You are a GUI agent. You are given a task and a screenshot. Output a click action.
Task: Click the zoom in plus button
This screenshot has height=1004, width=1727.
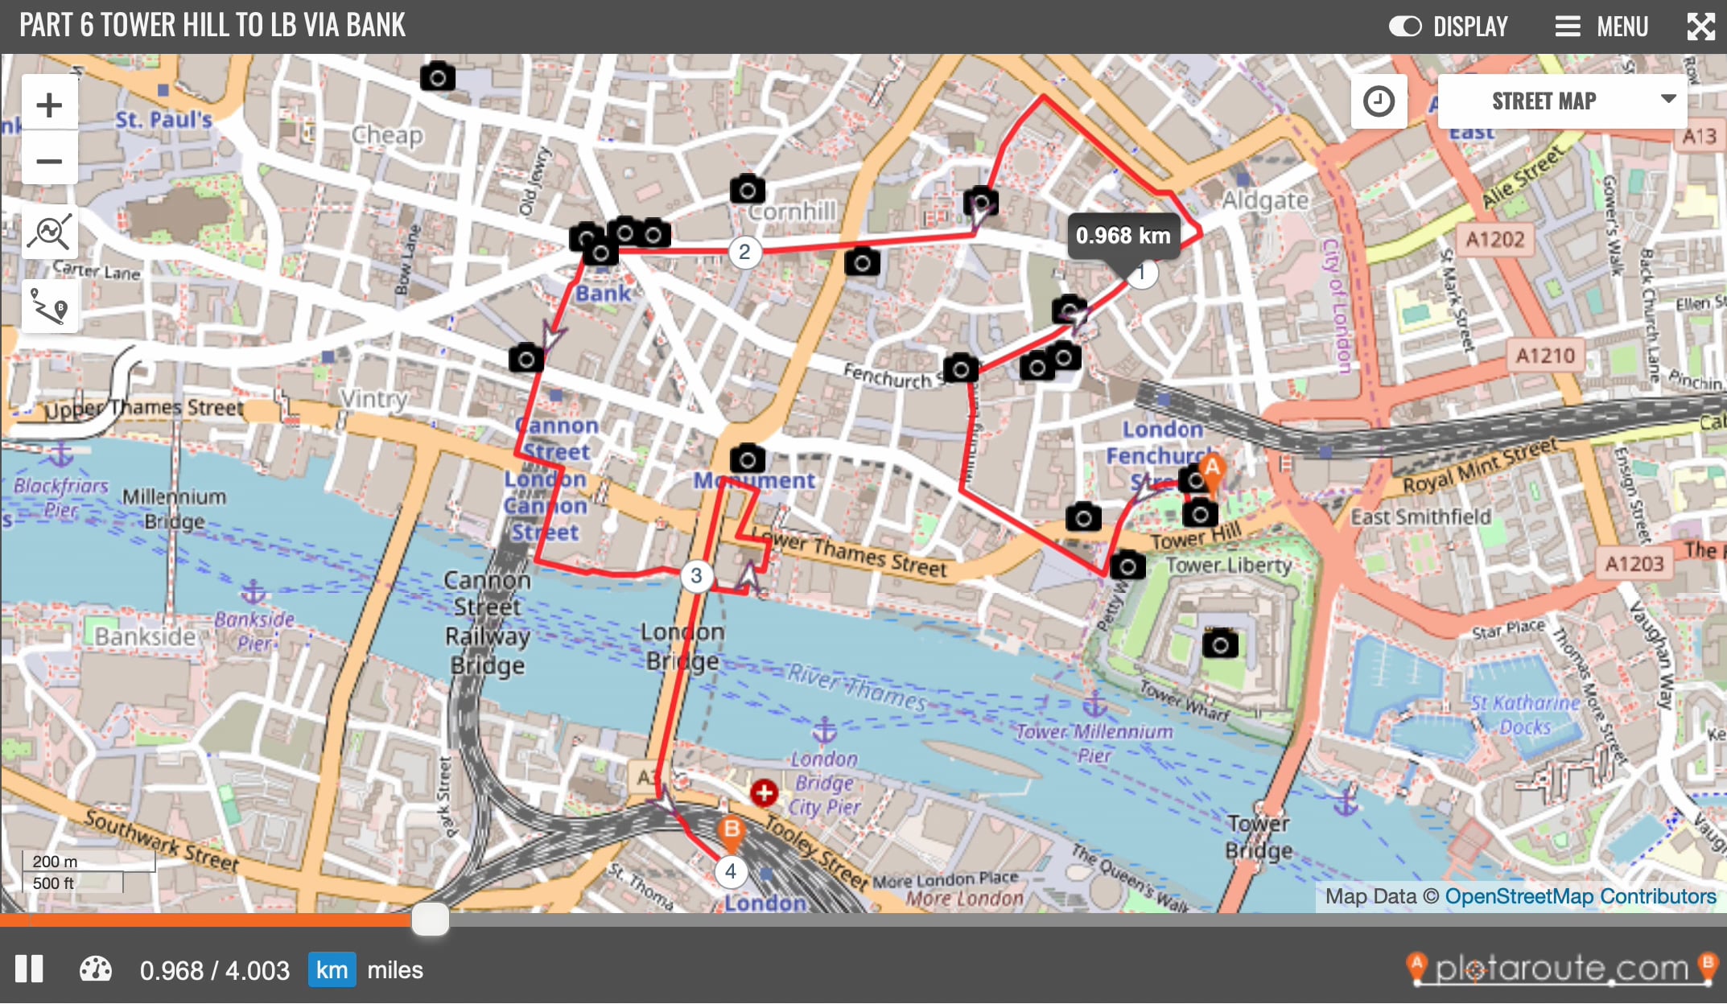[x=49, y=105]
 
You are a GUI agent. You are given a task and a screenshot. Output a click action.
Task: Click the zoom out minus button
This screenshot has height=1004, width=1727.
[x=49, y=161]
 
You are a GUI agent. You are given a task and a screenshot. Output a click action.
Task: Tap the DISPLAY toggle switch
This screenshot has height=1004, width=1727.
[x=1405, y=27]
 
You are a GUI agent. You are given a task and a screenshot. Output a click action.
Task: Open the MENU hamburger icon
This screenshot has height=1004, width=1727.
[x=1567, y=27]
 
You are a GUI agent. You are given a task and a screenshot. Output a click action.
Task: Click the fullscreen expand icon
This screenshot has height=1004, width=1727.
[x=1700, y=27]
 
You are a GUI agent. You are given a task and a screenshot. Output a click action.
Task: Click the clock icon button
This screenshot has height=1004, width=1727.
[x=1379, y=101]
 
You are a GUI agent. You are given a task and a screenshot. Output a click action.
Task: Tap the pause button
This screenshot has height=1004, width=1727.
[x=29, y=969]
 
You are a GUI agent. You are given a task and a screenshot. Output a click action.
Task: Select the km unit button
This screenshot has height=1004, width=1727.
[x=332, y=969]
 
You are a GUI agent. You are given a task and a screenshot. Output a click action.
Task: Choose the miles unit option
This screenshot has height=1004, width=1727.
[x=394, y=969]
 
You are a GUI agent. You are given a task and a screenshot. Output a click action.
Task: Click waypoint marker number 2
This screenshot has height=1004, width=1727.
[x=744, y=252]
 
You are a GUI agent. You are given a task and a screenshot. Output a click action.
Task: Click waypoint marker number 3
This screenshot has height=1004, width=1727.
[x=696, y=575]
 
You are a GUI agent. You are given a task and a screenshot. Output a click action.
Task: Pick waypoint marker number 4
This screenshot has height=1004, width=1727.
[x=730, y=871]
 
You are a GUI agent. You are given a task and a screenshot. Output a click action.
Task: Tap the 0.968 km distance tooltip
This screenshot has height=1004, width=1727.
[x=1123, y=236]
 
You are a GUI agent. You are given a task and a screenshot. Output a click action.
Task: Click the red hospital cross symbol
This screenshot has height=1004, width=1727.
[x=764, y=792]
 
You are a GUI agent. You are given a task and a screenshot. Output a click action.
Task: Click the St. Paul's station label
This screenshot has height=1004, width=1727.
[x=163, y=120]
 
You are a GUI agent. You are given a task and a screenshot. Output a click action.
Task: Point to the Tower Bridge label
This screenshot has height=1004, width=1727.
[x=1259, y=837]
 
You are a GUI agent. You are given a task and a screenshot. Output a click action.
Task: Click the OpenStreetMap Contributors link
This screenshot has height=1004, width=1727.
[x=1580, y=895]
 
